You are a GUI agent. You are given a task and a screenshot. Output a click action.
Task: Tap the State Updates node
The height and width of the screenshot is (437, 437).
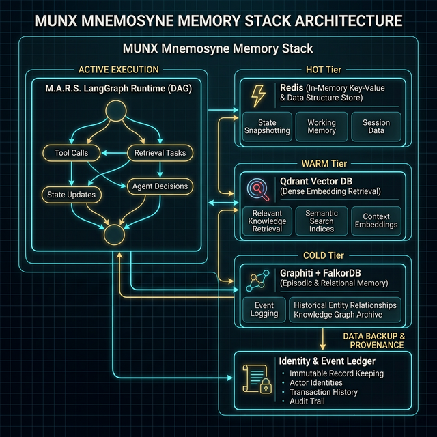pos(72,195)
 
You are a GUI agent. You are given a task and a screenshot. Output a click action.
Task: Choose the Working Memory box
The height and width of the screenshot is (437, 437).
pos(322,127)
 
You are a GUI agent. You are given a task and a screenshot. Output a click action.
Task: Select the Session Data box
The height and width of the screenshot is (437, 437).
pos(376,127)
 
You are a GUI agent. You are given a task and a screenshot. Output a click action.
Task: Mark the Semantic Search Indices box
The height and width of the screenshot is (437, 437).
pos(322,221)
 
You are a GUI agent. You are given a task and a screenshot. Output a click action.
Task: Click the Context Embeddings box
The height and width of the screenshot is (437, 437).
pos(376,221)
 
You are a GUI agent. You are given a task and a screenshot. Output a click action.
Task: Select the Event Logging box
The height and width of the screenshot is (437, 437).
pos(264,309)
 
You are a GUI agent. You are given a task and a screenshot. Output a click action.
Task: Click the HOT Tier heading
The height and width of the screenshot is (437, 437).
pos(322,70)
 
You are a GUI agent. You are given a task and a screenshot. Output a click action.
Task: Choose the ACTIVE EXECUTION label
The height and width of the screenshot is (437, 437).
pos(119,70)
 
